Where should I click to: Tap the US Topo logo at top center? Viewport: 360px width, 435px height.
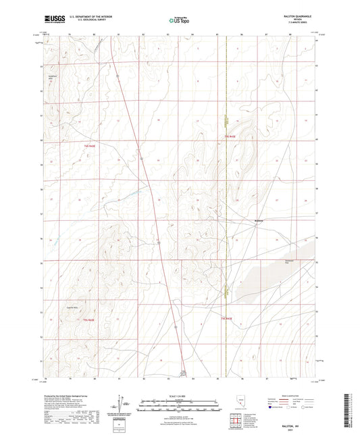point(179,20)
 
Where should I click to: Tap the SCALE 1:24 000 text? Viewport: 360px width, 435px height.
point(179,395)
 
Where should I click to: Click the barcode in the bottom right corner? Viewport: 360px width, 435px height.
point(350,409)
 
